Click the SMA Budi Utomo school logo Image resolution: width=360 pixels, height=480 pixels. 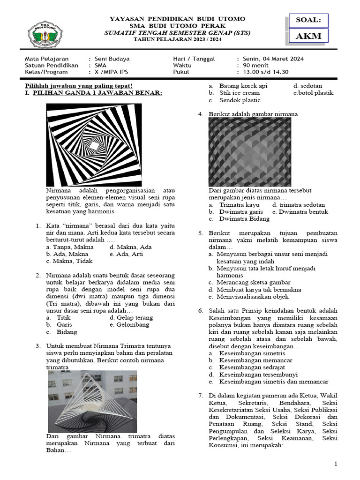pyautogui.click(x=46, y=34)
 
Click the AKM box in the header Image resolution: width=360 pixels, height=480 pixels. pyautogui.click(x=308, y=36)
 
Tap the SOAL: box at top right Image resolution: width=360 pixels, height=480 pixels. pyautogui.click(x=308, y=21)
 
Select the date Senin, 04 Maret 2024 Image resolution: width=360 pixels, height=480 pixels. pyautogui.click(x=273, y=59)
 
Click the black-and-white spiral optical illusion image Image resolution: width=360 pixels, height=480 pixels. pyautogui.click(x=94, y=144)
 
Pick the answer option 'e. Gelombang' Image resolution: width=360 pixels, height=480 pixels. pyautogui.click(x=129, y=324)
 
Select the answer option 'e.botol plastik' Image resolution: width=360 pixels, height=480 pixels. pyautogui.click(x=314, y=93)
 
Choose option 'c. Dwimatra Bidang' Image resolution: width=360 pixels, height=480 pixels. pyautogui.click(x=239, y=218)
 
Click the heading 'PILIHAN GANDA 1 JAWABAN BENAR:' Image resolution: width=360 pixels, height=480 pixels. pyautogui.click(x=93, y=93)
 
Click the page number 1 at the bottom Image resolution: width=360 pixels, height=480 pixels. pyautogui.click(x=336, y=464)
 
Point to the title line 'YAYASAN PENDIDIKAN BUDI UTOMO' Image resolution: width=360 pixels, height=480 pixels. pyautogui.click(x=177, y=19)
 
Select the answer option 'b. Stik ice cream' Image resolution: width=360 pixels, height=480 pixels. pyautogui.click(x=233, y=93)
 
